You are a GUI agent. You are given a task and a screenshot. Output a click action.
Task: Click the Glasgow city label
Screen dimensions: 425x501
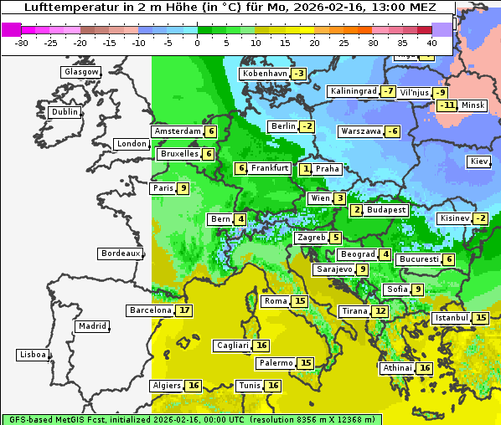tap(81, 72)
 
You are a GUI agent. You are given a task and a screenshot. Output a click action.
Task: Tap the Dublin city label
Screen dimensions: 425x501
tap(65, 112)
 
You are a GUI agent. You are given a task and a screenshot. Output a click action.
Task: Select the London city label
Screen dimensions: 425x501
tap(132, 144)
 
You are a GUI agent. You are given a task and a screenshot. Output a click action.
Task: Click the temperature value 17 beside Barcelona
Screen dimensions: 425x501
tap(184, 310)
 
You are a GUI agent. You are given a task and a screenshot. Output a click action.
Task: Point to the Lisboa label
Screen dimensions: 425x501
tap(32, 355)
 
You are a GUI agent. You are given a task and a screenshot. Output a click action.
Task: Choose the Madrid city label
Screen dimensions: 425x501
tap(91, 326)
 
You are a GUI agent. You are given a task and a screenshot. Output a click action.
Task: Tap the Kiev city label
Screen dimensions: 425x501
tap(479, 161)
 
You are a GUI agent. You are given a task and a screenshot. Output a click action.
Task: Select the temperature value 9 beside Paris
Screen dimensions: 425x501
tap(183, 188)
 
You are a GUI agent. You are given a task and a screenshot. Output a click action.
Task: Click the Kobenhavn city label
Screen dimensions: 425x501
tap(264, 74)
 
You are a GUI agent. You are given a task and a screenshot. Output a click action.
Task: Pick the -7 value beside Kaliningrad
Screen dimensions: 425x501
tap(388, 91)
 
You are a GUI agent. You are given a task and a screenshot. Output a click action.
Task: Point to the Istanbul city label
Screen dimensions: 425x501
tap(452, 318)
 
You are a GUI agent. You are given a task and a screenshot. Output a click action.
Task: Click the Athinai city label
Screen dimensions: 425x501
tap(397, 368)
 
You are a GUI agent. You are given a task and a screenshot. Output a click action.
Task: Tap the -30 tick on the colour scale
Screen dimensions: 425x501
tap(22, 43)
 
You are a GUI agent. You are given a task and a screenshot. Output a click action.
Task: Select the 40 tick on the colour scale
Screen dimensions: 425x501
tap(431, 43)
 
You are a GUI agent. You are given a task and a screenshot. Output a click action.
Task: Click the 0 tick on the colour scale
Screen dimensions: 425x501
tap(198, 43)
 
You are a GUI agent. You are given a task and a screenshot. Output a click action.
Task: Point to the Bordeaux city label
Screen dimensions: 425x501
tap(120, 253)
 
